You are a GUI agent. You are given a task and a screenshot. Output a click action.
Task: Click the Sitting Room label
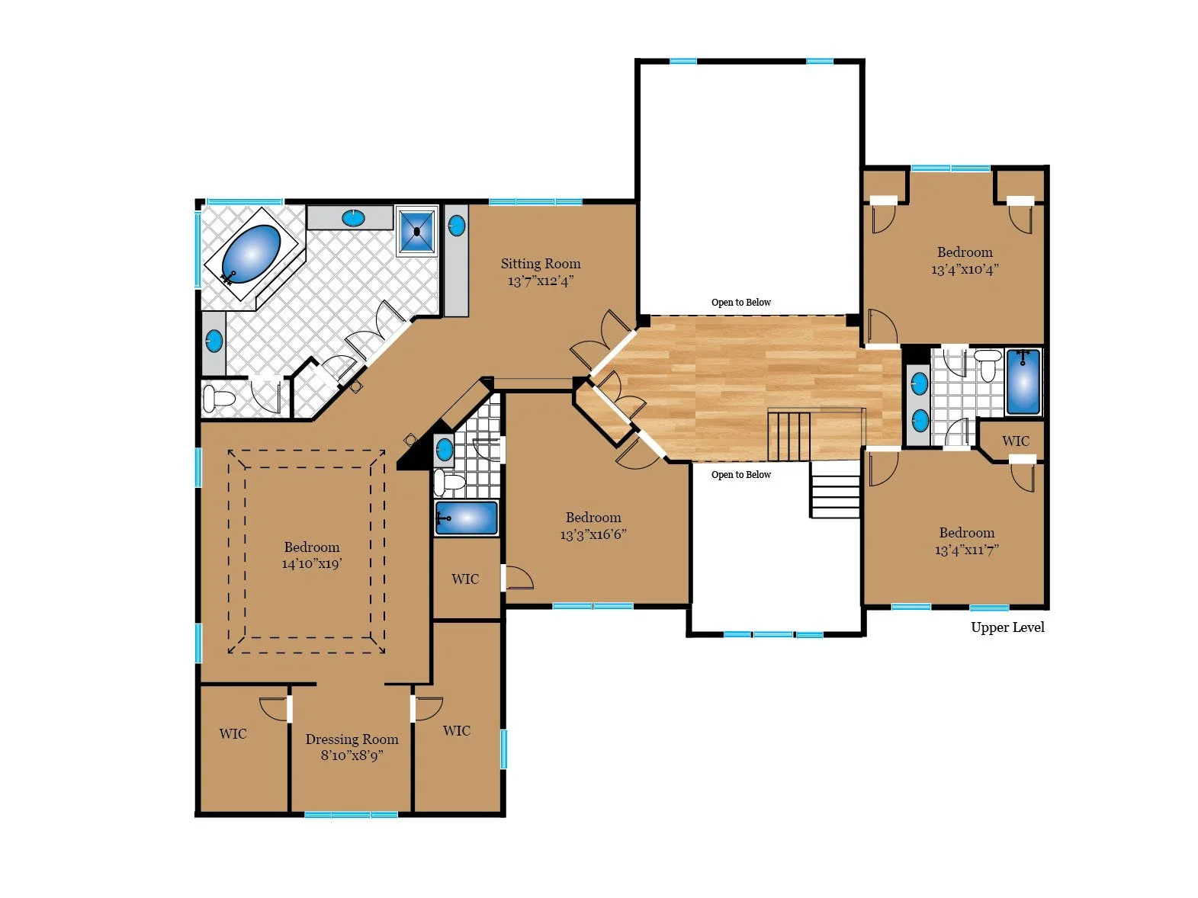point(541,264)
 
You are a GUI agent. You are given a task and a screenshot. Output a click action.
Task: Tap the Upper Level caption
point(1007,627)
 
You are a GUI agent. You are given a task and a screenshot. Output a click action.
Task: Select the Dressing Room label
point(352,739)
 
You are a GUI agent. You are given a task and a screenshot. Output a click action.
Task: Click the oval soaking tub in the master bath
point(251,255)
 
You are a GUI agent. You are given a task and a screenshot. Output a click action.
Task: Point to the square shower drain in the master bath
point(417,232)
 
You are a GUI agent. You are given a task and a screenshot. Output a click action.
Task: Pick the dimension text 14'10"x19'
point(312,563)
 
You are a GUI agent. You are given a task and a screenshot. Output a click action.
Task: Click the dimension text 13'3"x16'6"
point(593,534)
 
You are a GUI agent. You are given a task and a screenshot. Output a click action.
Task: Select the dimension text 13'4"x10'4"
point(965,269)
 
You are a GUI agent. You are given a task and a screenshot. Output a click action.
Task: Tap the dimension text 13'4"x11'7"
point(967,550)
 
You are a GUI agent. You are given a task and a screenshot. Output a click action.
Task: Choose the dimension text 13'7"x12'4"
point(541,281)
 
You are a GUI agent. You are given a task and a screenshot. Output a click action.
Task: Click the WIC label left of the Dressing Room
point(233,734)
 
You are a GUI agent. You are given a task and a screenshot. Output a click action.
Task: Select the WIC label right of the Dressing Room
point(456,730)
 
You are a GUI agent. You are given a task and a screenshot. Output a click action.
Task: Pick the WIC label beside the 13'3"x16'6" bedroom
point(465,579)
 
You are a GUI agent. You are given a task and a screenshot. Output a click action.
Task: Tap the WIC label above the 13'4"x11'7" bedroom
point(1015,441)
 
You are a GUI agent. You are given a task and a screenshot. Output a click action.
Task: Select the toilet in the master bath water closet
point(217,398)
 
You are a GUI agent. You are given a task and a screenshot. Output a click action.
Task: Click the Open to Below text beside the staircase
point(740,475)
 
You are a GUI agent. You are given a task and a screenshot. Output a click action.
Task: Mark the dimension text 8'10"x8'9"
point(352,755)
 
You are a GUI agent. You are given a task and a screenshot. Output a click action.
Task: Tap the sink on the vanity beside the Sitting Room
point(456,226)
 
